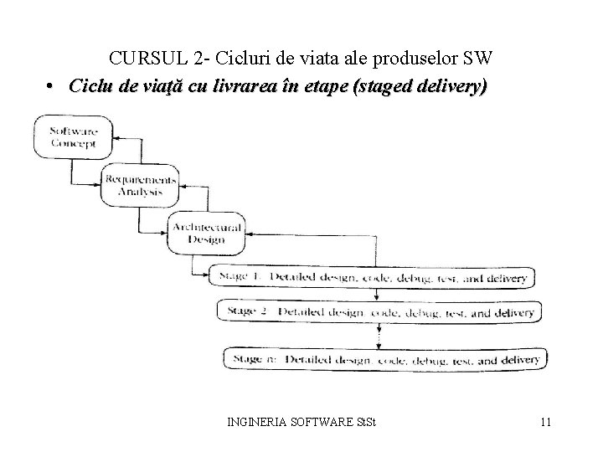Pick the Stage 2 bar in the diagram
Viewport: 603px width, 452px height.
tap(379, 312)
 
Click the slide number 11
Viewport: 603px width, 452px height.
tap(545, 422)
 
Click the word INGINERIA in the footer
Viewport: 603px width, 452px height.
tap(255, 422)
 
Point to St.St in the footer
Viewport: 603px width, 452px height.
tap(368, 422)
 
